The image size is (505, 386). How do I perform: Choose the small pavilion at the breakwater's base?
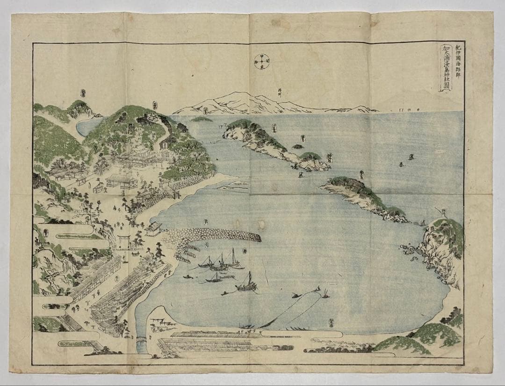coord(154,228)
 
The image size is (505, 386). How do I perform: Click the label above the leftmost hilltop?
coord(83,93)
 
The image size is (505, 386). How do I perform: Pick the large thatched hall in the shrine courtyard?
coord(122,181)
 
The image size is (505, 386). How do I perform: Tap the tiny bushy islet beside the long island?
coord(297,147)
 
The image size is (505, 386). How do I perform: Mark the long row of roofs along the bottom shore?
coord(220,343)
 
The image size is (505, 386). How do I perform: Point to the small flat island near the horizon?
coord(202,119)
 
